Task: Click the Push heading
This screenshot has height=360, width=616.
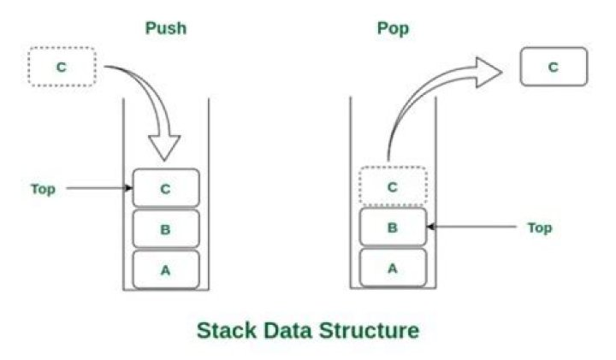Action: [x=166, y=28]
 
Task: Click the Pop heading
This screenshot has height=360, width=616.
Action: [x=393, y=29]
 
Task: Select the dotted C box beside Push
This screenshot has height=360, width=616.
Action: [x=62, y=67]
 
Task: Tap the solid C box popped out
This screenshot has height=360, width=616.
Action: [x=554, y=67]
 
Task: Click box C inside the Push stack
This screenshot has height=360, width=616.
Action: [x=166, y=188]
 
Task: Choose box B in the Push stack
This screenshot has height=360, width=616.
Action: [x=166, y=229]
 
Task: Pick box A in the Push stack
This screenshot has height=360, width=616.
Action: [x=166, y=269]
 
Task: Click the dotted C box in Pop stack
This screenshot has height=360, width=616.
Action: [x=393, y=186]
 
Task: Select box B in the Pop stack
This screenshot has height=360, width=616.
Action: [x=393, y=227]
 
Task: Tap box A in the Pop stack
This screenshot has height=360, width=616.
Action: [x=393, y=268]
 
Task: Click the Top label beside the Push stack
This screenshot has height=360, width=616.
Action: [x=44, y=189]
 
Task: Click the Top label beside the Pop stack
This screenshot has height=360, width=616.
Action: [x=540, y=227]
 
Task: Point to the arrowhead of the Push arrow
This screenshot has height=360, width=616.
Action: [x=164, y=160]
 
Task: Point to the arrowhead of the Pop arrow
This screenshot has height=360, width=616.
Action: [x=501, y=72]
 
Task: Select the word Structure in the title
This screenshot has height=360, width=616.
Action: [x=369, y=330]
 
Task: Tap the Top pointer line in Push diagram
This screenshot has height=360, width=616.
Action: [x=99, y=188]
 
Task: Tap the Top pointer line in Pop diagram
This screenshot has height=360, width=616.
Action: [x=471, y=227]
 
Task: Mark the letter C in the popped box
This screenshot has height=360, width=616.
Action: [x=554, y=68]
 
